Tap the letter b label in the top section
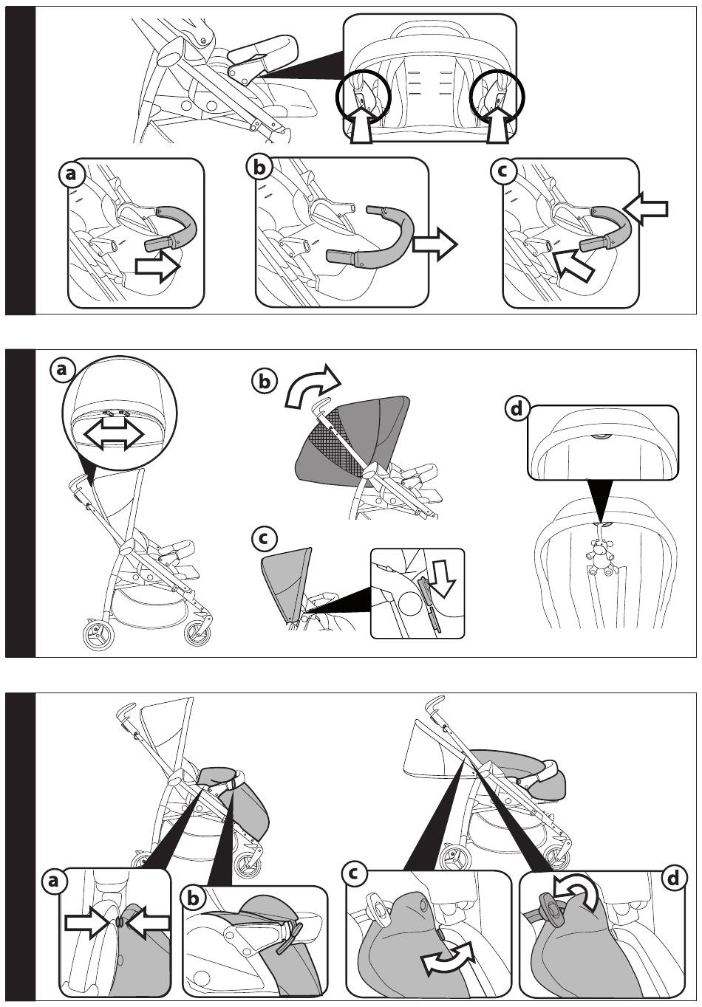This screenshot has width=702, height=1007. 259,168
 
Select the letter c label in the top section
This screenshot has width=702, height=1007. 503,171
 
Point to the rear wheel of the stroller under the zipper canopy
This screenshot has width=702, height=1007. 94,636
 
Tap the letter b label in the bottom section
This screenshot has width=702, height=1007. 194,898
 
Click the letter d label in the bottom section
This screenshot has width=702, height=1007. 672,879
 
